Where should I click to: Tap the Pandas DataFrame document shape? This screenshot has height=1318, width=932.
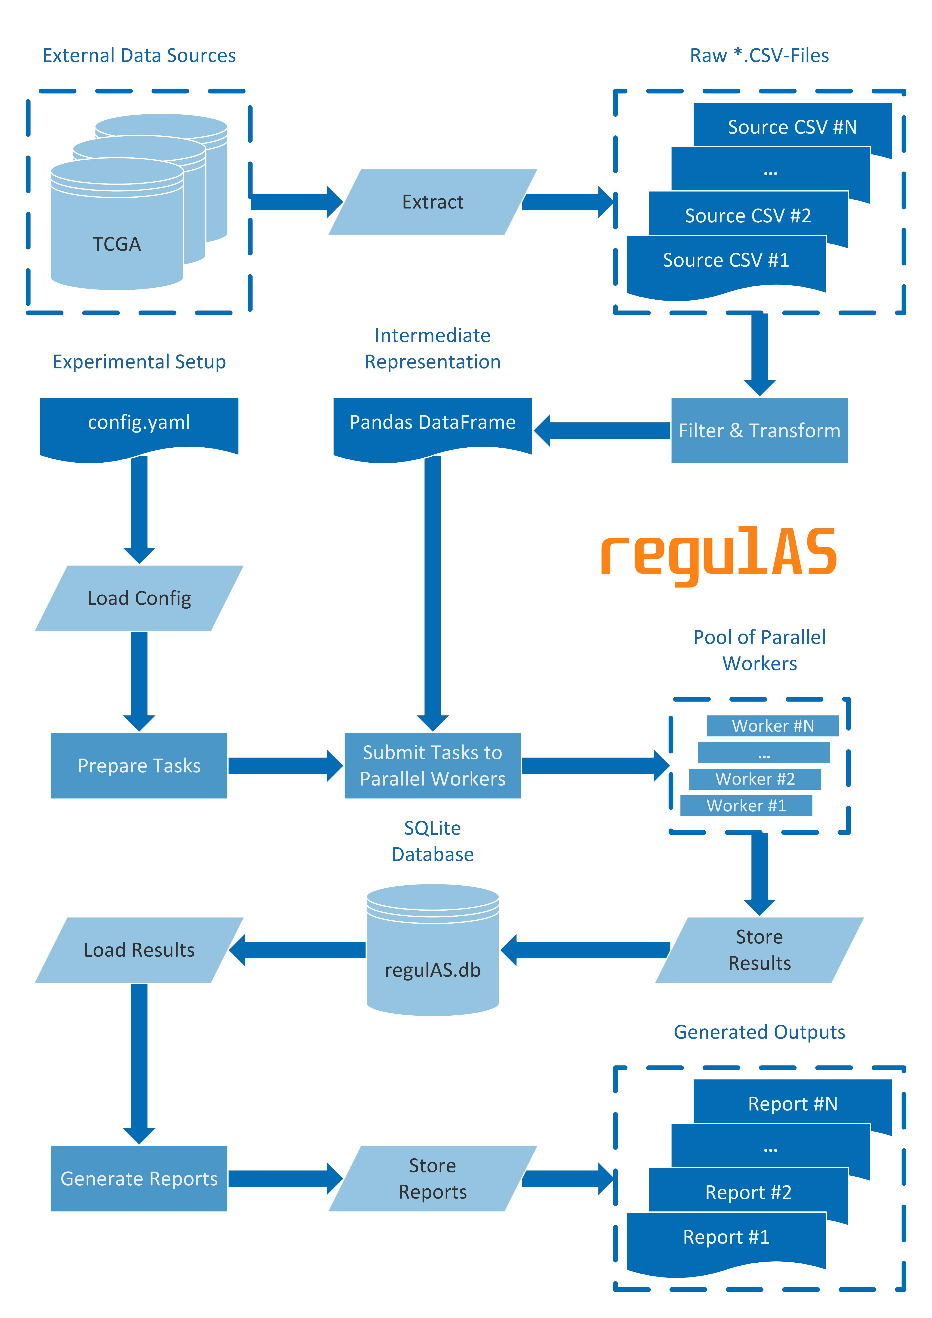[x=432, y=425]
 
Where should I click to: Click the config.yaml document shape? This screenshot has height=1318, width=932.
[x=139, y=425]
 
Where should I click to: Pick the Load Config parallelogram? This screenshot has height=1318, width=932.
[x=139, y=598]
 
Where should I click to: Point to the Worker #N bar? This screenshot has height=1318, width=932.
[x=772, y=726]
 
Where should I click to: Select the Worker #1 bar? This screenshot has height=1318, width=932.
[x=746, y=805]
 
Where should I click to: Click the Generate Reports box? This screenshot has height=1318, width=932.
[x=139, y=1178]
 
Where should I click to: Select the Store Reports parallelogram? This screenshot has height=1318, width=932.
[x=432, y=1178]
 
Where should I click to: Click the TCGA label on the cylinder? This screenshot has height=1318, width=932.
[x=116, y=244]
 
